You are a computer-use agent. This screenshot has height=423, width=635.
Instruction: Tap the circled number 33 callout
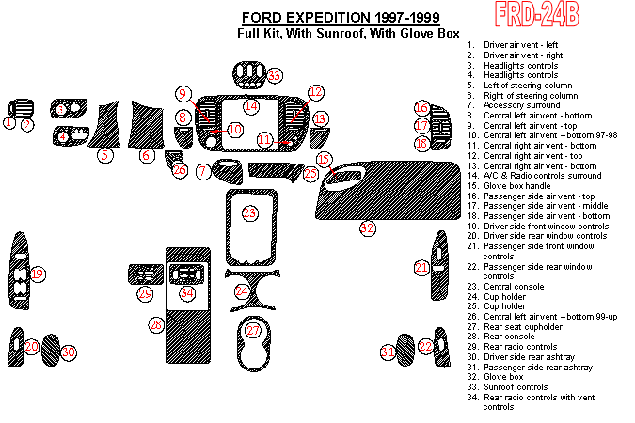coord(274,76)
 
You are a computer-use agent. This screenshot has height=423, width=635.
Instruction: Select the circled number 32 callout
coord(367,227)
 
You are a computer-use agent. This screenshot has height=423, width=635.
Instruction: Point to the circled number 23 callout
coord(249,213)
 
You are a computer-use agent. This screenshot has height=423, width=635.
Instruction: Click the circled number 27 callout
coord(253,331)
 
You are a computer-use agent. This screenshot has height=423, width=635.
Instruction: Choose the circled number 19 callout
coord(38,274)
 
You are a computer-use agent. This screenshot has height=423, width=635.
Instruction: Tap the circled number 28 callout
coord(156,325)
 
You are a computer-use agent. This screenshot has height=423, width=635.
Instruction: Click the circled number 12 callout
coord(316,92)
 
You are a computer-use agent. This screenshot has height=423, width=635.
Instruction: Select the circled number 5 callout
coord(105,155)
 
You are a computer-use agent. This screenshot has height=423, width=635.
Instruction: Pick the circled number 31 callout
coord(387,352)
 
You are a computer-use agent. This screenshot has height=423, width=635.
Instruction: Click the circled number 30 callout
coord(68,352)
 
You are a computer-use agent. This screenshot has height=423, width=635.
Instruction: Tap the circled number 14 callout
coord(251,106)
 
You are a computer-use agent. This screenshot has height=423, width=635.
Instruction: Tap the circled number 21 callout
coord(422,268)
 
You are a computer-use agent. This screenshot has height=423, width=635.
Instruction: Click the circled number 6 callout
coord(146,155)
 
